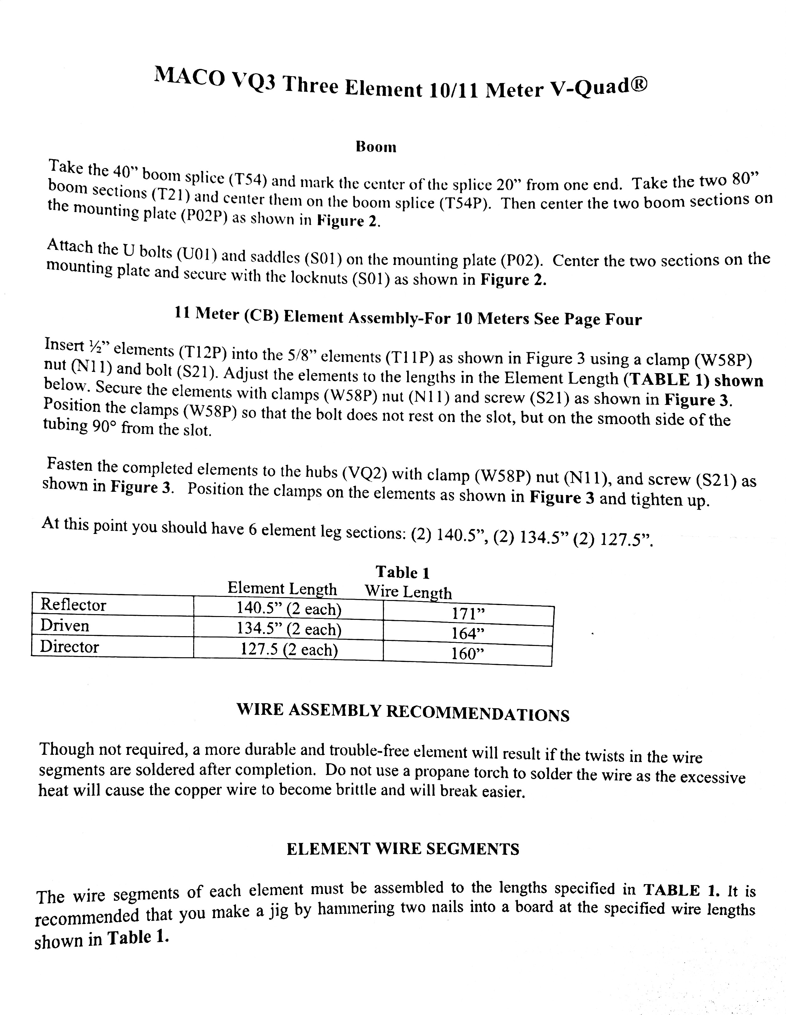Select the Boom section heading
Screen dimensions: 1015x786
point(376,147)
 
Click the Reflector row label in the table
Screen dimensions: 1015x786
point(73,605)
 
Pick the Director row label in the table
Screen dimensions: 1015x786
point(70,647)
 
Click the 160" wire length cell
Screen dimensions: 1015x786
point(468,654)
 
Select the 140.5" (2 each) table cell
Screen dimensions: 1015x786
point(289,609)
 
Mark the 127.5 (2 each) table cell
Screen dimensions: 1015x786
point(289,649)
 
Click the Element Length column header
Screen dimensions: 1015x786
point(282,589)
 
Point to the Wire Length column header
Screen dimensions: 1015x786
point(408,592)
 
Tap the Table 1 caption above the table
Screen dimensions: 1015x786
point(402,572)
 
